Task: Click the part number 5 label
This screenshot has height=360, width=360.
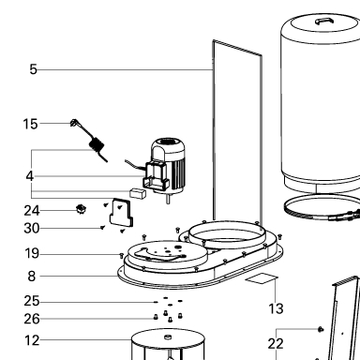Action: pos(34,69)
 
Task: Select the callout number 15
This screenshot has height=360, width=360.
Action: pos(30,124)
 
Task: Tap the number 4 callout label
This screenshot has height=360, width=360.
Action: pos(30,176)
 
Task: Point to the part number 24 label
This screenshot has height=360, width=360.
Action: pos(32,211)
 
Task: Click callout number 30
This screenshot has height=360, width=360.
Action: pos(32,229)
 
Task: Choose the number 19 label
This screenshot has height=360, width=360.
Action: pos(32,253)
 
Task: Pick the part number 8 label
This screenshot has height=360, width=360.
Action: pos(32,277)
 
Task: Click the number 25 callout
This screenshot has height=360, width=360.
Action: pos(32,301)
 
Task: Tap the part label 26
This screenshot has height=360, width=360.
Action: pos(32,319)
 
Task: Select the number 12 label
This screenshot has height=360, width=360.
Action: pos(32,340)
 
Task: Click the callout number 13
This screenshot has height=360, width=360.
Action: pos(276,308)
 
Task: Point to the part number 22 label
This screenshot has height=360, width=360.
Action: pos(276,344)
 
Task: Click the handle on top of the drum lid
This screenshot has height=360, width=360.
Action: pos(324,21)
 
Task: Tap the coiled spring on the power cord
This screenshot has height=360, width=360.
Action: pos(97,145)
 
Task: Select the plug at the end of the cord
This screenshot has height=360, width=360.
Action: pos(74,122)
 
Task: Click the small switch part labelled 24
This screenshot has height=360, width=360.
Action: pos(82,209)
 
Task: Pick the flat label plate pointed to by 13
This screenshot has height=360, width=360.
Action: pos(262,278)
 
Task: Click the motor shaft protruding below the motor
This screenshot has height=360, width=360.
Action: pos(168,199)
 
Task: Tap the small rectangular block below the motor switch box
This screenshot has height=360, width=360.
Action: pos(138,193)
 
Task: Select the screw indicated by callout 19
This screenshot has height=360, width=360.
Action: pos(122,256)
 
